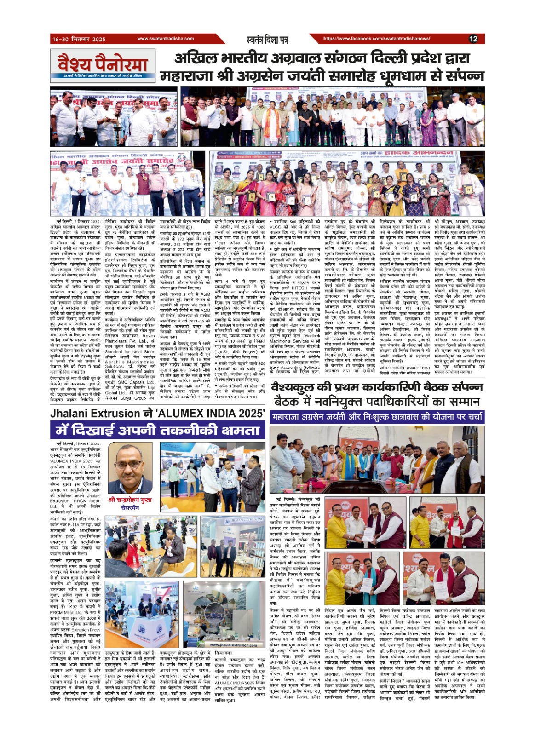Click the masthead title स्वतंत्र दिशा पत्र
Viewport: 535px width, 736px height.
[267, 40]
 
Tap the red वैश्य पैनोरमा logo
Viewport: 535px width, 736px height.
[102, 63]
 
